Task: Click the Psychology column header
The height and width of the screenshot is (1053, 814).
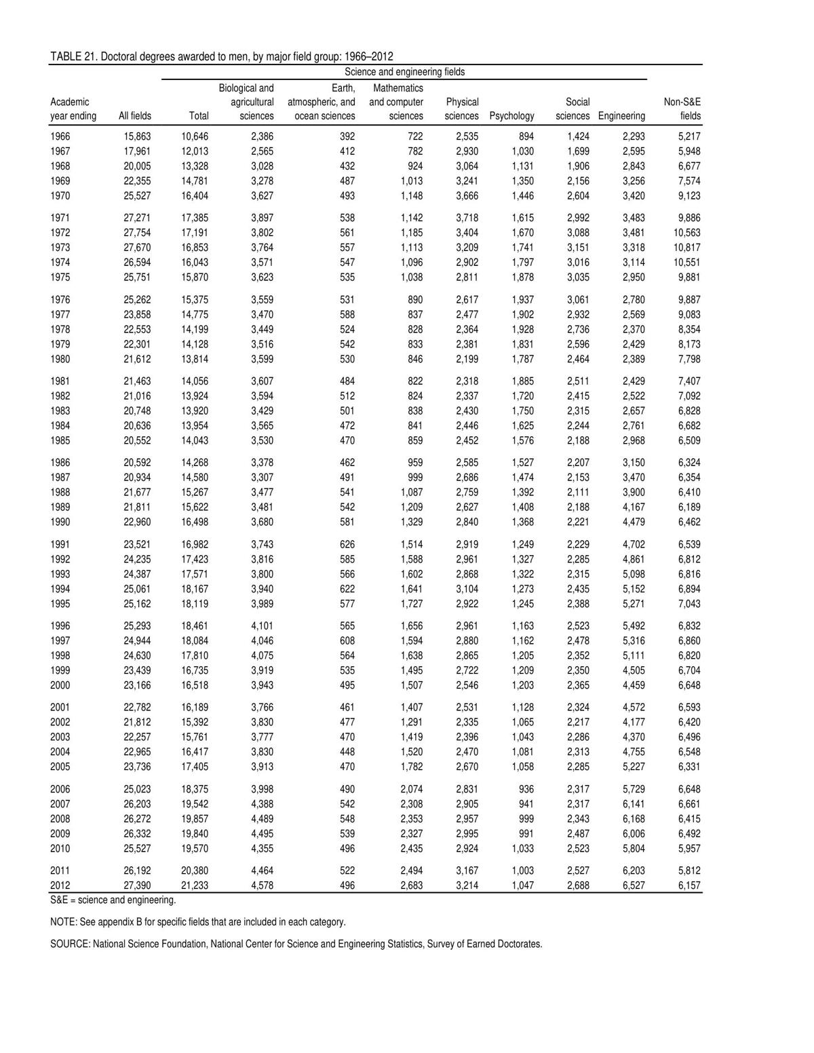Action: click(x=511, y=116)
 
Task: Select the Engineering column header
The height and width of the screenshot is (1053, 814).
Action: click(x=621, y=116)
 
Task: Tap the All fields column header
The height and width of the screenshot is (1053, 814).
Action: click(x=135, y=116)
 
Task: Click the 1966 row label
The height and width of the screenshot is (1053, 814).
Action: click(x=60, y=136)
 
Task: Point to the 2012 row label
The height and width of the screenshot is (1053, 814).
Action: click(x=60, y=885)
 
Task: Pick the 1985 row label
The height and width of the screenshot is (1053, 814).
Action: click(x=60, y=440)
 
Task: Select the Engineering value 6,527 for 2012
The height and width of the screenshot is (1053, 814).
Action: click(x=633, y=885)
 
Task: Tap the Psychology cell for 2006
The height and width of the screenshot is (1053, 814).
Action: click(x=525, y=789)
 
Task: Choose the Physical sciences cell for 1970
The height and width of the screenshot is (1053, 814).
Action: click(x=467, y=196)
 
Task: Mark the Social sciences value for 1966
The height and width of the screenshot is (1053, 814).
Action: click(x=578, y=136)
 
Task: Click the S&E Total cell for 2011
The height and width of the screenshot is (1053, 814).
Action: click(x=195, y=870)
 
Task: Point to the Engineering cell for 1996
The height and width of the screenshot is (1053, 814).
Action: click(x=633, y=626)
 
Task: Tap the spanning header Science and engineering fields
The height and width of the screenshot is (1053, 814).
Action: click(x=404, y=72)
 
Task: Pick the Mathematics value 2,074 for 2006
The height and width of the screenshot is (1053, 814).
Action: click(x=411, y=789)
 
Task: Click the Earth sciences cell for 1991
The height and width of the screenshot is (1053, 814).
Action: click(x=347, y=544)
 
